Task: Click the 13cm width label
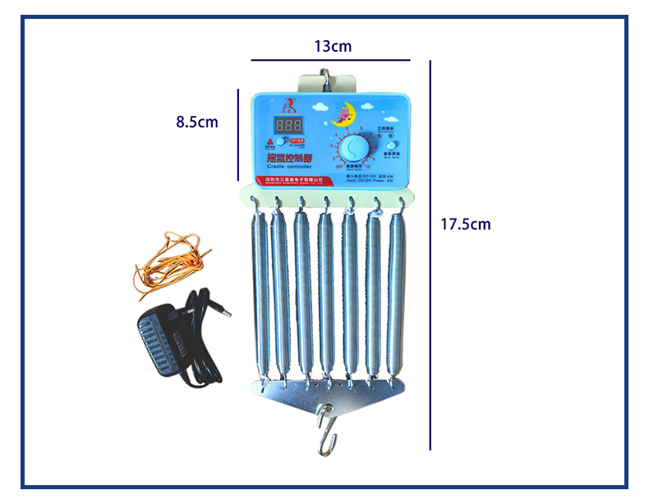(x=332, y=46)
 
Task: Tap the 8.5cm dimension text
(x=197, y=122)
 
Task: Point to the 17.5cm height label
(x=466, y=223)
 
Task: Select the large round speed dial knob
(x=357, y=148)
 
